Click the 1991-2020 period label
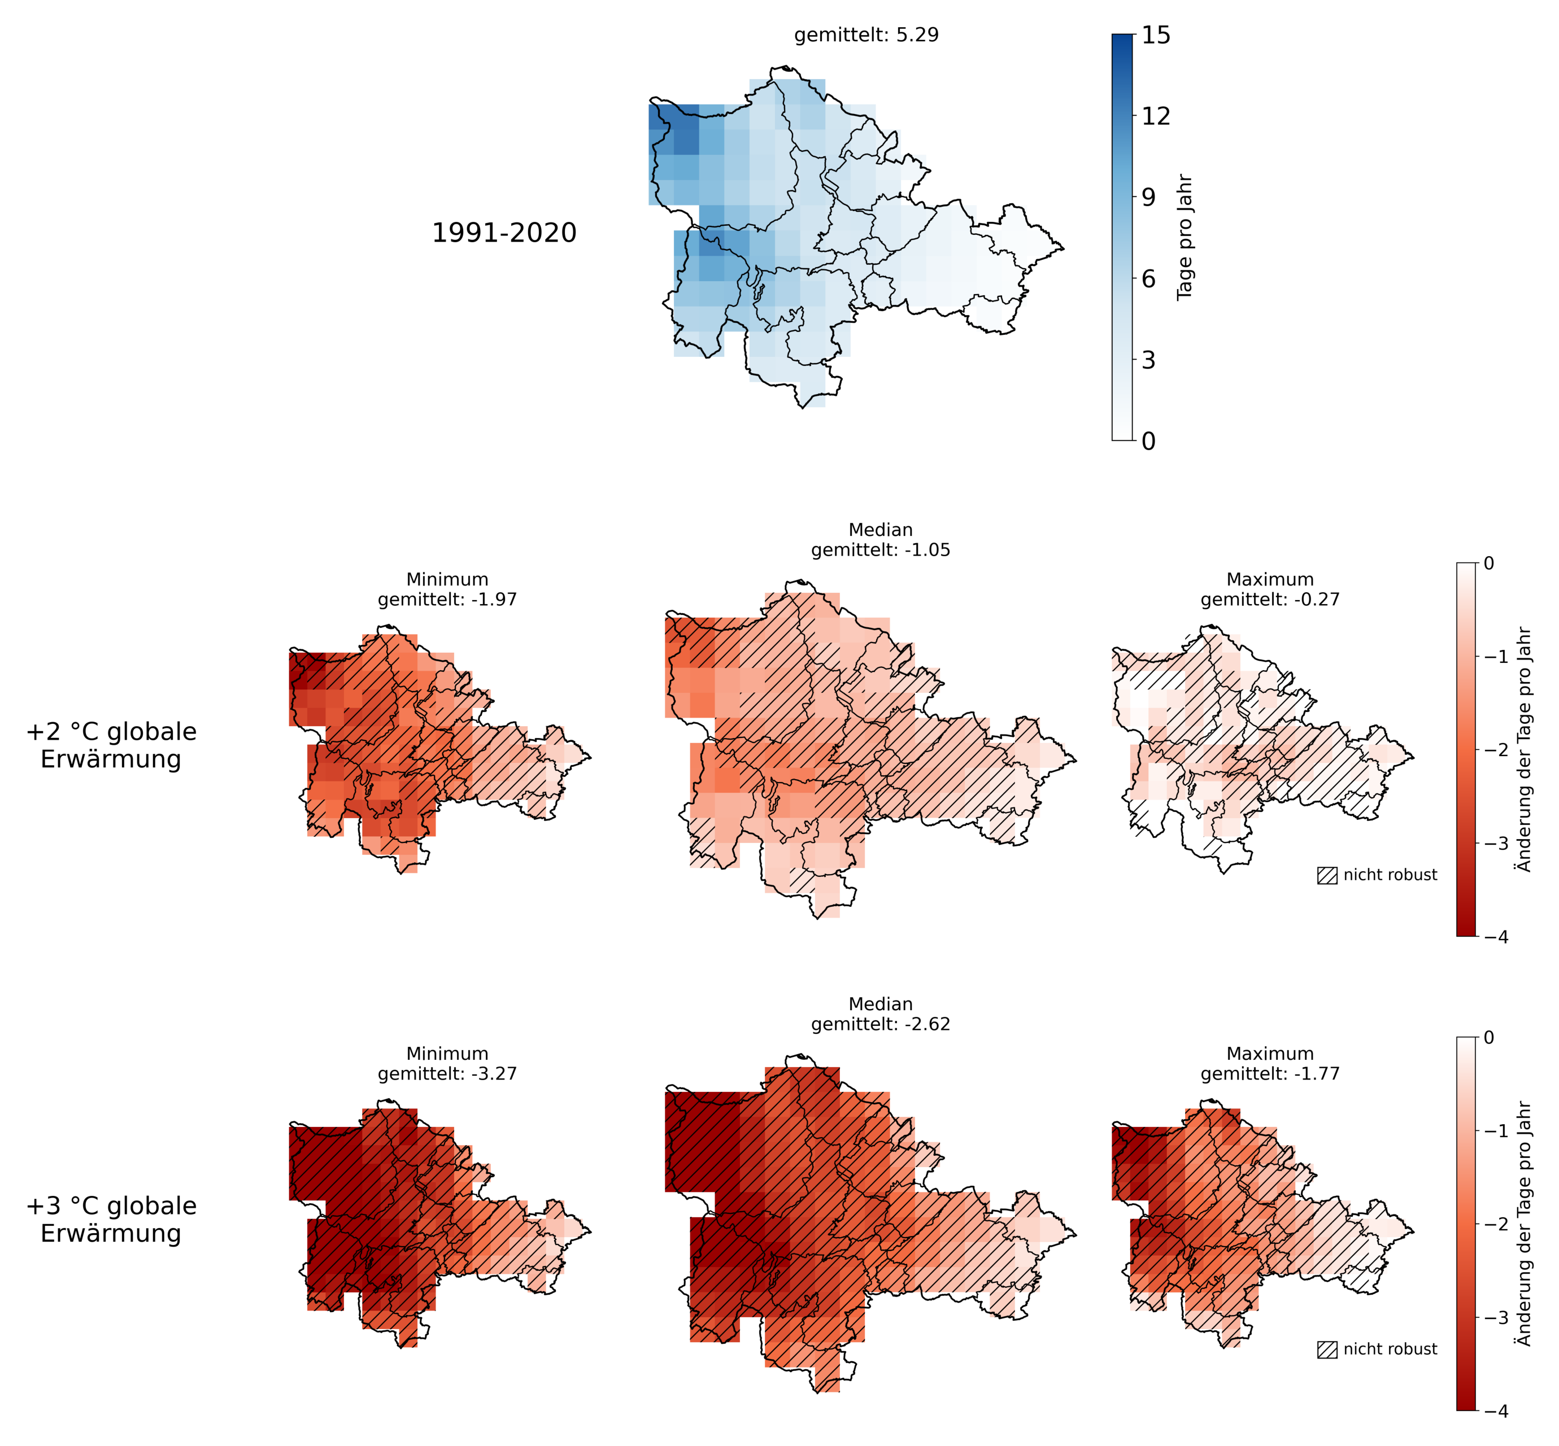(504, 233)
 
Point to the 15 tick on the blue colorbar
(1155, 35)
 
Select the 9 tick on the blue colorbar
(1148, 197)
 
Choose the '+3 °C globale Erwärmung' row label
(111, 1219)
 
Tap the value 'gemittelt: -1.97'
(447, 600)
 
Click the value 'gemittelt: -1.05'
(881, 550)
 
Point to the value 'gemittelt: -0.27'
(1270, 600)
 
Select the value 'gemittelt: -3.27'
(447, 1073)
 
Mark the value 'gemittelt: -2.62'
(881, 1024)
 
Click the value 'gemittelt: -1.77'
(1270, 1073)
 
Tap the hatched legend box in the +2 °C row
(1327, 876)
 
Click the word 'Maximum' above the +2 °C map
(1270, 580)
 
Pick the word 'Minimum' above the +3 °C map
(447, 1054)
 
